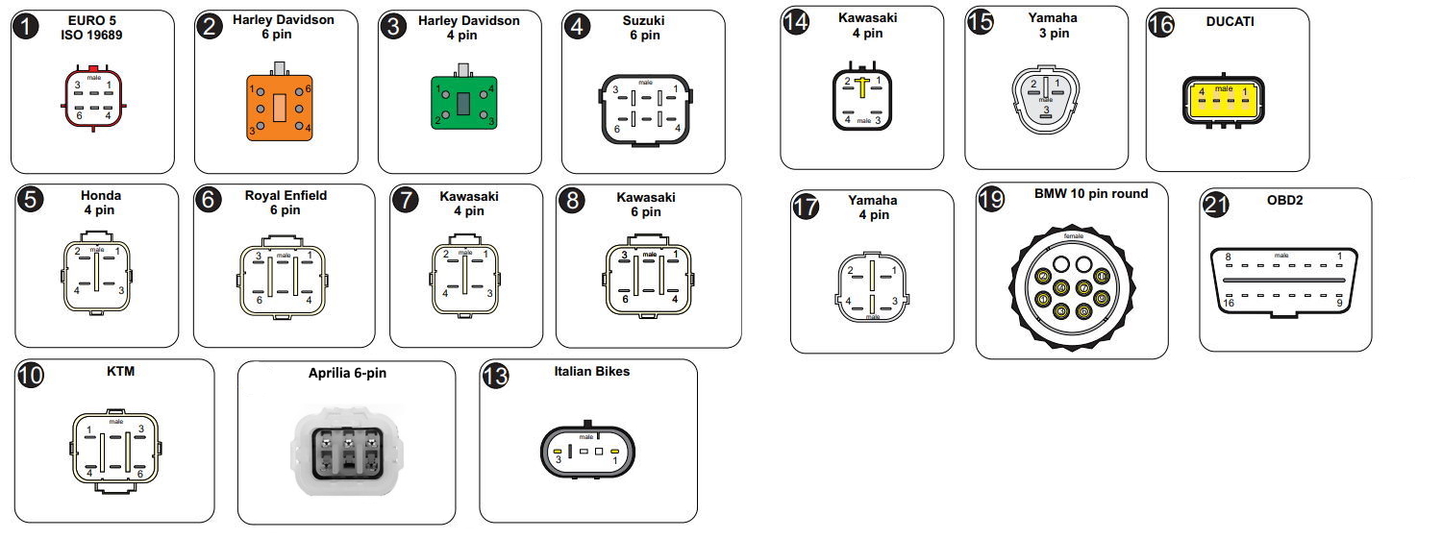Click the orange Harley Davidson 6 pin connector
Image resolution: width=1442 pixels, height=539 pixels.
tap(277, 107)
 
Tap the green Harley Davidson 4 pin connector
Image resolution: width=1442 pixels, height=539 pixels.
tap(462, 104)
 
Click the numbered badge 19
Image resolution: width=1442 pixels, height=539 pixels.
tap(992, 199)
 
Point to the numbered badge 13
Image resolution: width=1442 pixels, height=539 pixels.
tap(496, 376)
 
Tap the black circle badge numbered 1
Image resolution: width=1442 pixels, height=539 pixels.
tap(28, 27)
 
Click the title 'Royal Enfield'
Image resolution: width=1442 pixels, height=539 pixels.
tap(286, 196)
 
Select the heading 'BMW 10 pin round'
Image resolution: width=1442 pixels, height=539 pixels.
tap(1091, 194)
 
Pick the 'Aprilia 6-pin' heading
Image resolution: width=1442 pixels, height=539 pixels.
tap(347, 373)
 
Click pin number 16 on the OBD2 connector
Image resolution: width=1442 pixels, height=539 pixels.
tap(1228, 304)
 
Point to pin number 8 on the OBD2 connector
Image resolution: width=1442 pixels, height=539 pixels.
tap(1228, 257)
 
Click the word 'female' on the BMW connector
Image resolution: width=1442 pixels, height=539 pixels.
tap(1073, 235)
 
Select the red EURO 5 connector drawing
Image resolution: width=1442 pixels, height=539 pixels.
tap(93, 98)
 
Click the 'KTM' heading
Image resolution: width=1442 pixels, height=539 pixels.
tap(115, 372)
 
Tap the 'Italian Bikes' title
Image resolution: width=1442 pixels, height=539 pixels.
tap(592, 371)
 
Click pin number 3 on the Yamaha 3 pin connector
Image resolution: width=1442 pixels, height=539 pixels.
tap(1045, 110)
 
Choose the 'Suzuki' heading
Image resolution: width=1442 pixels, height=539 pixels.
tap(644, 21)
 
